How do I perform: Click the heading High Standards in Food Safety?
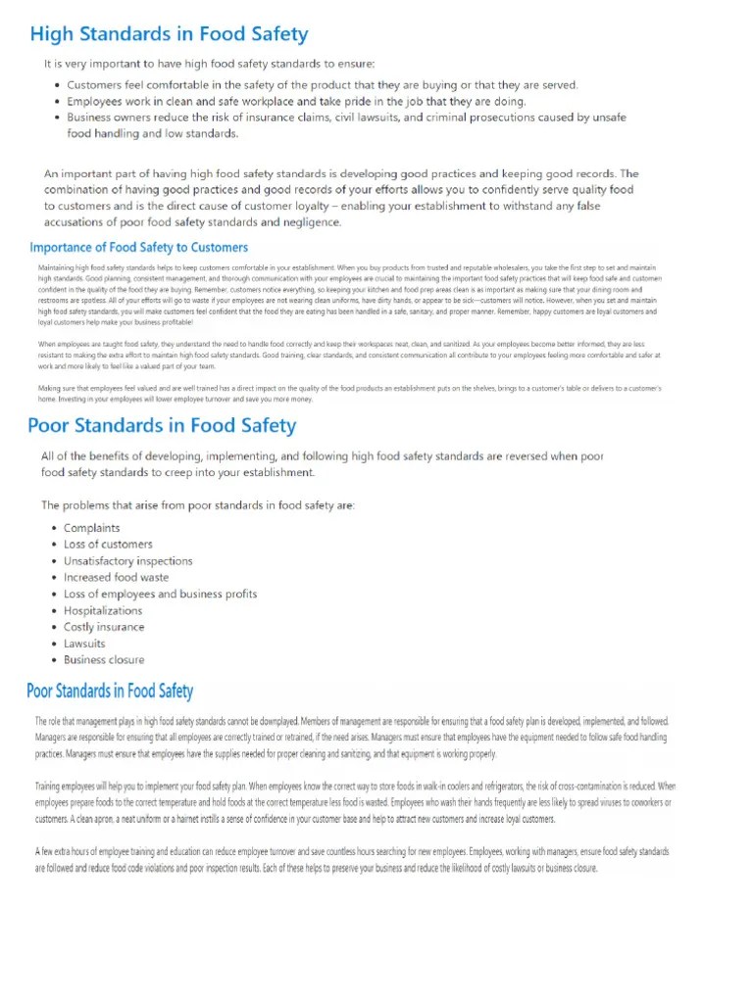click(169, 35)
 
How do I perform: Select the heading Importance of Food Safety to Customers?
click(139, 247)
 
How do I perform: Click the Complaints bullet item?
click(92, 528)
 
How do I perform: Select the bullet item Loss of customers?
click(108, 545)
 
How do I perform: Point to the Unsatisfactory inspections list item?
click(127, 561)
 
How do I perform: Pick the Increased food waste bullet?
click(116, 578)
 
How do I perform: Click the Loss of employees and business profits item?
click(160, 594)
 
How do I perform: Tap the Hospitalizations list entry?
click(103, 610)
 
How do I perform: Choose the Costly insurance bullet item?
click(104, 627)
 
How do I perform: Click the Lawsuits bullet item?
click(84, 644)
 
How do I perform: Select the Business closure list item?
click(104, 660)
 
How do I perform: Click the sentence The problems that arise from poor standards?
click(198, 505)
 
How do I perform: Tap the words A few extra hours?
click(73, 852)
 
